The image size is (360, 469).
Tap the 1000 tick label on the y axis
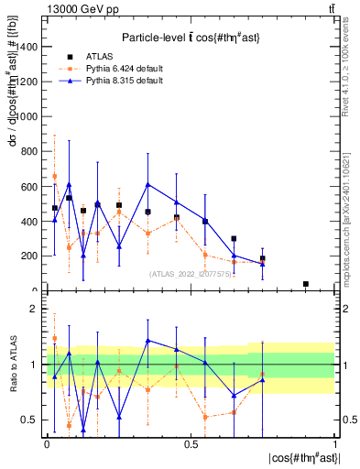click(27, 117)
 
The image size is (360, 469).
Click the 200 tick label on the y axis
click(30, 256)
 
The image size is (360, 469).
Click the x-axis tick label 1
click(335, 444)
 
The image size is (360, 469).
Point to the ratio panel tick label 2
click(35, 310)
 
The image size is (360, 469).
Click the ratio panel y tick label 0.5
click(30, 420)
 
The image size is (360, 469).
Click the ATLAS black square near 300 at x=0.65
click(234, 239)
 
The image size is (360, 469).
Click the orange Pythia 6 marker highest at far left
click(54, 176)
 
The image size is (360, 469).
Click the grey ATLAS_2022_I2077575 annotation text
click(190, 273)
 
